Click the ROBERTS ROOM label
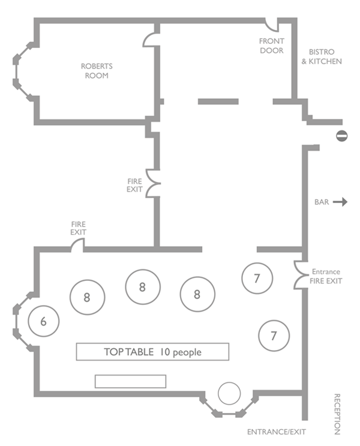pyautogui.click(x=97, y=71)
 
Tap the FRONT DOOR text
pyautogui.click(x=271, y=46)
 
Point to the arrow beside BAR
pyautogui.click(x=340, y=202)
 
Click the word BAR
pyautogui.click(x=322, y=202)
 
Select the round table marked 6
pyautogui.click(x=44, y=322)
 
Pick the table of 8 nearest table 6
pyautogui.click(x=87, y=297)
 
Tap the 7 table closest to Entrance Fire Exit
pyautogui.click(x=257, y=278)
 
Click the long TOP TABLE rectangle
pyautogui.click(x=152, y=352)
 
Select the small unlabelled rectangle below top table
pyautogui.click(x=130, y=381)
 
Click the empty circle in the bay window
pyautogui.click(x=229, y=394)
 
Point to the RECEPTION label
pyautogui.click(x=337, y=414)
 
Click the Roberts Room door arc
pyautogui.click(x=149, y=39)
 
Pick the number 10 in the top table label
pyautogui.click(x=166, y=352)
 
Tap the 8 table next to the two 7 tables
pyautogui.click(x=197, y=294)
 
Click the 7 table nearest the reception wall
pyautogui.click(x=274, y=336)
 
